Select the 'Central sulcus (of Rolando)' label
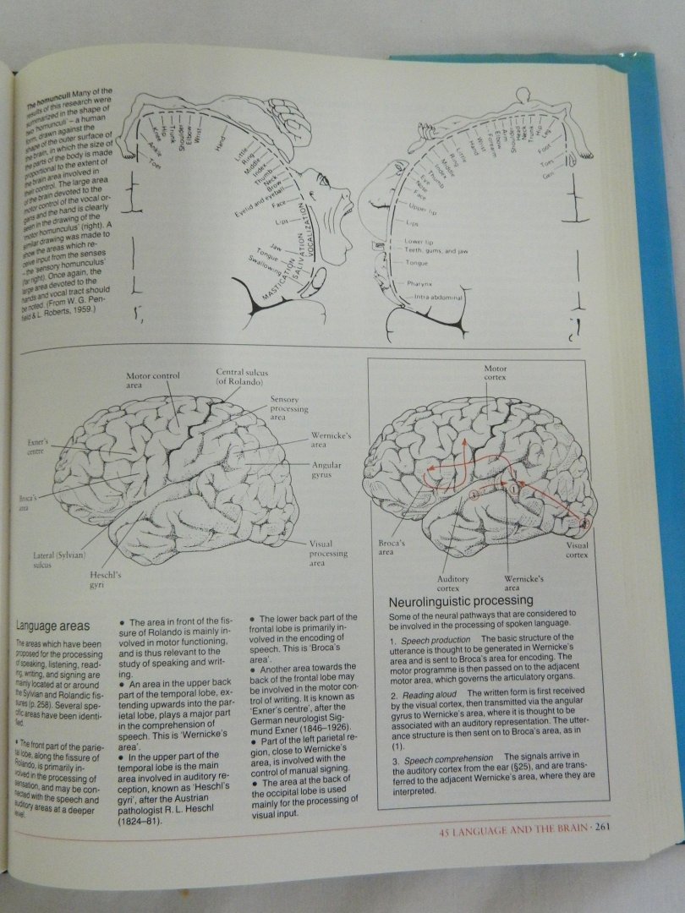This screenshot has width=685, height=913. (239, 376)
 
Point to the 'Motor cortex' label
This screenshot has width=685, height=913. (496, 374)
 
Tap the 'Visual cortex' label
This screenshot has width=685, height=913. (577, 550)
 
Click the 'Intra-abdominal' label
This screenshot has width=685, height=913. (438, 298)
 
